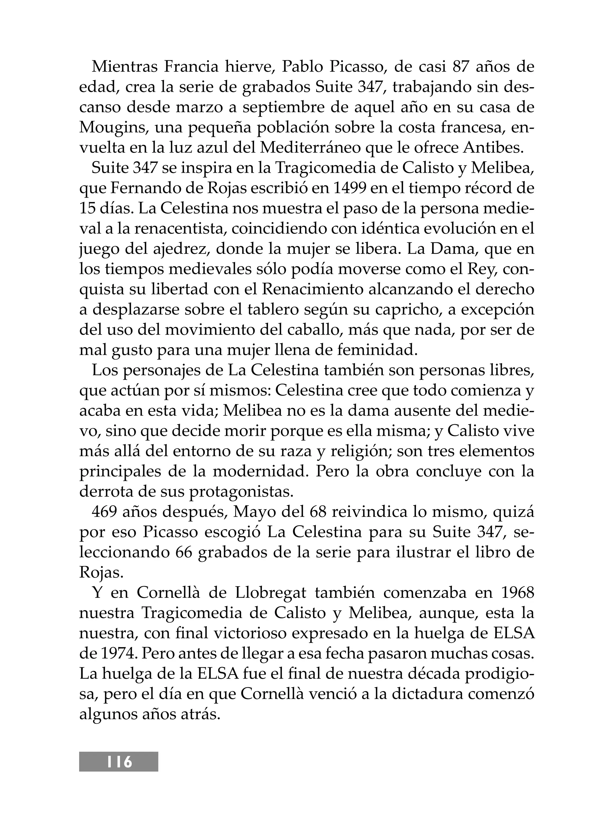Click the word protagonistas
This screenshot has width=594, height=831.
(241, 491)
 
